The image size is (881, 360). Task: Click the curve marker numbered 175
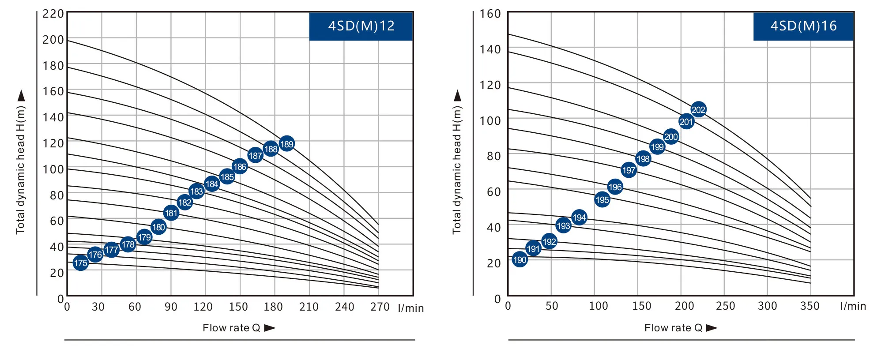tap(80, 263)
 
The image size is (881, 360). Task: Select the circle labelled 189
tap(286, 144)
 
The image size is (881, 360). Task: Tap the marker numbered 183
tap(196, 191)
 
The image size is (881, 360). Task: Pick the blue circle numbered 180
tap(158, 227)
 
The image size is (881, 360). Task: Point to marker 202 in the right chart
tap(698, 109)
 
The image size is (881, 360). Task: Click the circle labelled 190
tap(520, 259)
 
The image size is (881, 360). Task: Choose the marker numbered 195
tap(602, 200)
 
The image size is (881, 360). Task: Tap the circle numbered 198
tap(643, 159)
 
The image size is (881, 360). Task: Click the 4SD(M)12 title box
tap(361, 26)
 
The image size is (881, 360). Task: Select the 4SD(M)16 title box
tap(803, 26)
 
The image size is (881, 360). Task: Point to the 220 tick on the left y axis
tap(53, 14)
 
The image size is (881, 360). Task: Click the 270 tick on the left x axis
tap(380, 307)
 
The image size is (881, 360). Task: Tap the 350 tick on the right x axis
tap(809, 306)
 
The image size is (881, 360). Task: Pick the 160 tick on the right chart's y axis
tap(490, 14)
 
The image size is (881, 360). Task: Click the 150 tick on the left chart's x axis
tap(238, 307)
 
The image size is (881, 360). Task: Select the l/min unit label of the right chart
tap(853, 306)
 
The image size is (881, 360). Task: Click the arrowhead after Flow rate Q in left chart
tap(270, 328)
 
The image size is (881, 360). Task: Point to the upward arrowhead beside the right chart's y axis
tap(458, 95)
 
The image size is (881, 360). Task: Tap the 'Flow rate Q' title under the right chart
tap(673, 328)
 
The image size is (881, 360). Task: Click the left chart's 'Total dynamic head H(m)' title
tap(21, 170)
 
